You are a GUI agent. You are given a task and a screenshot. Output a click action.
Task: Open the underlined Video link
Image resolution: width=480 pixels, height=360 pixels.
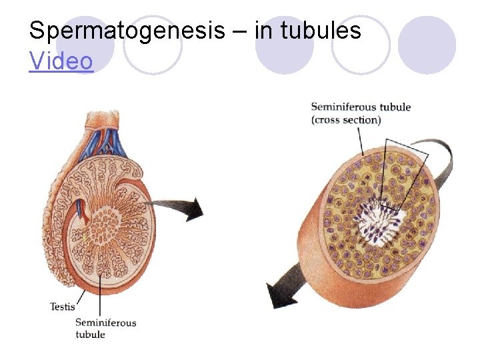pyautogui.click(x=61, y=61)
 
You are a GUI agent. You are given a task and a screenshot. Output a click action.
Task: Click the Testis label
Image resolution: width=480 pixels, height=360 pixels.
pyautogui.click(x=63, y=307)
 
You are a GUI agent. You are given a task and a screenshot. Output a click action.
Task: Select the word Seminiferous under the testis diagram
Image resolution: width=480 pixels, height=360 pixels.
pyautogui.click(x=105, y=323)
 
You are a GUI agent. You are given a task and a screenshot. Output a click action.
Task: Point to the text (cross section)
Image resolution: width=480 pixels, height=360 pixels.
pyautogui.click(x=346, y=120)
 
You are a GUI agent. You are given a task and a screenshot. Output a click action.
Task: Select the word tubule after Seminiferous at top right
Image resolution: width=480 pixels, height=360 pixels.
pyautogui.click(x=397, y=107)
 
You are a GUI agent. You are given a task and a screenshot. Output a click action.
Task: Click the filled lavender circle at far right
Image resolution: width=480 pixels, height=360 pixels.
pyautogui.click(x=427, y=45)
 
